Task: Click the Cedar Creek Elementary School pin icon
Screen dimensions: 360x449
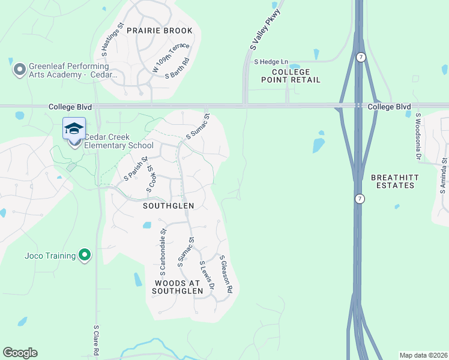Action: (74, 130)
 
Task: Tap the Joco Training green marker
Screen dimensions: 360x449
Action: (85, 256)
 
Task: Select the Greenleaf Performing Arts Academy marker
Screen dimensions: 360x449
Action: (19, 70)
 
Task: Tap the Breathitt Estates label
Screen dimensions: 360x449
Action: (393, 181)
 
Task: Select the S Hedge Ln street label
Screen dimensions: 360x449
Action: (271, 62)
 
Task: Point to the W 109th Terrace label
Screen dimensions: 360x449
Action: (170, 58)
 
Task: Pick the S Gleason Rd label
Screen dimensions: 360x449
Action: (226, 274)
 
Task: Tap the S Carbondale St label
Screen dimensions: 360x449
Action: (163, 247)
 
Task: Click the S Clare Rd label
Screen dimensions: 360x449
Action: (95, 340)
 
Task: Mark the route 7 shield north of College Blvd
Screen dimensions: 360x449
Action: (360, 56)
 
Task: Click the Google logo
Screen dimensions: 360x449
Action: (20, 353)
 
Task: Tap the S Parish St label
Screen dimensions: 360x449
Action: (135, 169)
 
